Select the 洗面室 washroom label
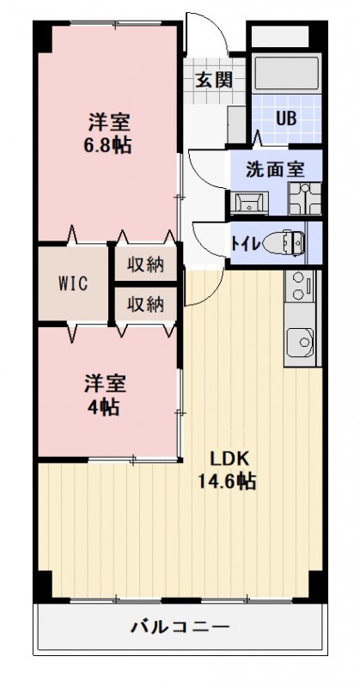tap(275, 169)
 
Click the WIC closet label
tap(71, 284)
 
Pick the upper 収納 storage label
tap(146, 264)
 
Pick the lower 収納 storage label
tap(146, 303)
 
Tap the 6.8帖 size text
tap(107, 145)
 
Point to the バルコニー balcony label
tap(180, 628)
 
